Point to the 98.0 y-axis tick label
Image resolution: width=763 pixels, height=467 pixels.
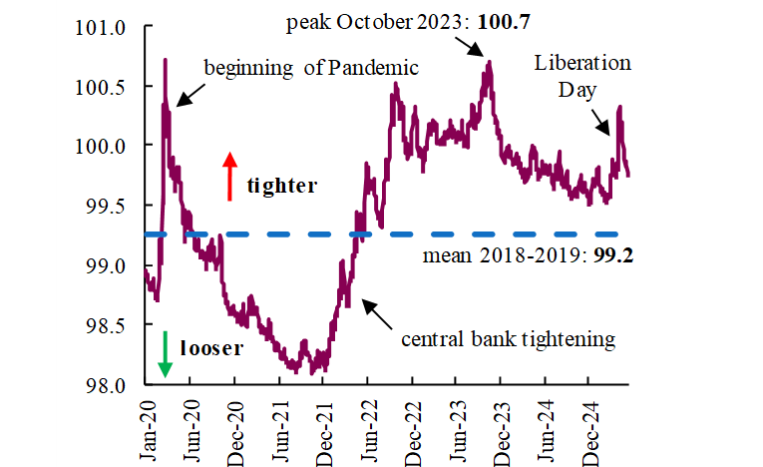[110, 385]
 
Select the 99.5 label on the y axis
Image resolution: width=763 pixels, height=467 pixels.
[110, 206]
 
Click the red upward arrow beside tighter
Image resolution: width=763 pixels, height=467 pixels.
[230, 177]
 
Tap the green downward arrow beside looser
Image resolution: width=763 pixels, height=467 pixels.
[165, 353]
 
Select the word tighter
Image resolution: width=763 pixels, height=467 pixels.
[282, 186]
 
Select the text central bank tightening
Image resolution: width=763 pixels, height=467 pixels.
[509, 339]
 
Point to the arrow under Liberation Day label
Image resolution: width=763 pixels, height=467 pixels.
[604, 123]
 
